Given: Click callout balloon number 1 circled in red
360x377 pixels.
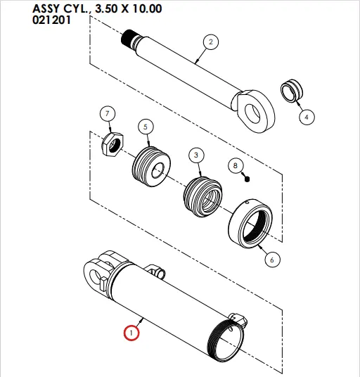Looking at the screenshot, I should [x=131, y=331].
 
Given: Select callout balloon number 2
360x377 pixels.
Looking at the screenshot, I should [x=209, y=42].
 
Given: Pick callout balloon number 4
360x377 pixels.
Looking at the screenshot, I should [x=307, y=117].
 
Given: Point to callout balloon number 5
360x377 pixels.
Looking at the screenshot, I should [x=145, y=127].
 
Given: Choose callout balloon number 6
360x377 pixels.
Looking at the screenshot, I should [x=271, y=259].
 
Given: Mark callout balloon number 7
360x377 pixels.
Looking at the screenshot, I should [x=107, y=115].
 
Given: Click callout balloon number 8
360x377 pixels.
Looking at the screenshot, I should [x=236, y=166].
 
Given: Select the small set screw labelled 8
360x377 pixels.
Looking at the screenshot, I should [x=247, y=179].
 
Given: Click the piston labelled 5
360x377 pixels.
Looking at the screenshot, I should [x=153, y=170].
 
